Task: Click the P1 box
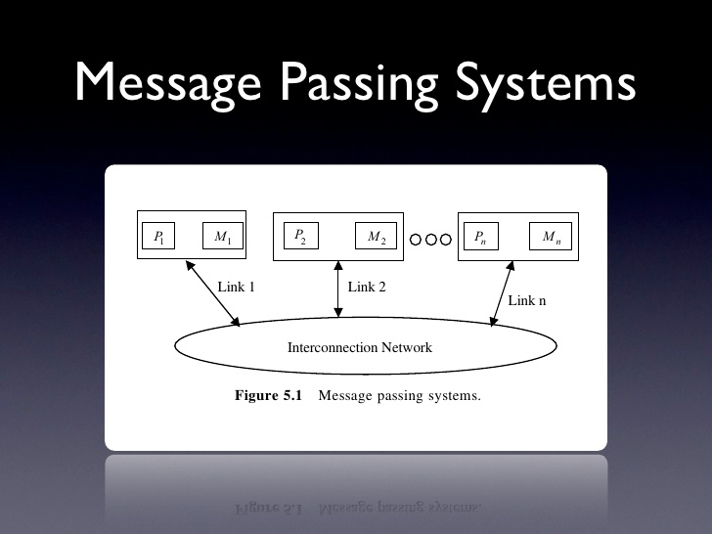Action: coord(158,237)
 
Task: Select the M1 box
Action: coord(222,237)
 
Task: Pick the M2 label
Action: coord(377,237)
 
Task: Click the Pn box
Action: coord(481,237)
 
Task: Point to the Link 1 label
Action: coord(236,288)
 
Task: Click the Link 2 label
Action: coord(367,288)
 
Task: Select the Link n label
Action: coord(527,300)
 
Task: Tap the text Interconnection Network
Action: coord(359,347)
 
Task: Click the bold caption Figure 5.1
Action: coord(270,396)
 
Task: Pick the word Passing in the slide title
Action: coord(363,84)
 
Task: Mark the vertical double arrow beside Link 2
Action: coord(338,289)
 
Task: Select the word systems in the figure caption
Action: coord(454,397)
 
